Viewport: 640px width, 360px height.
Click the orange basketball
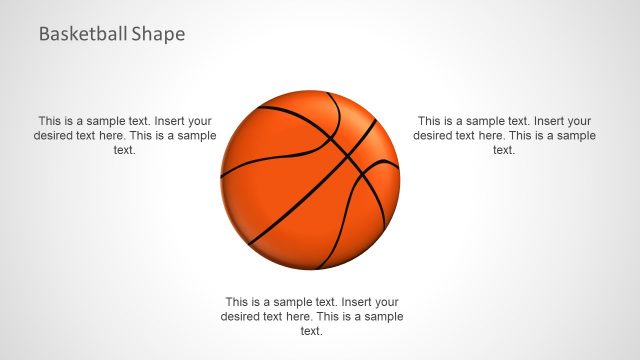(x=309, y=180)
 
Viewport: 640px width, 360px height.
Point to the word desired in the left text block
(x=57, y=135)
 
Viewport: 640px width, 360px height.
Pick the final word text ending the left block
(x=124, y=150)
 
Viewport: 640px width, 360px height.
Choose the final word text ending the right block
(x=504, y=150)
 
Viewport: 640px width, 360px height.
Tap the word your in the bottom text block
(x=387, y=301)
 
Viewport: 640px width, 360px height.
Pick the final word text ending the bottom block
(x=311, y=331)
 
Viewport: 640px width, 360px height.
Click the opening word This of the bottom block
(x=238, y=301)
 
